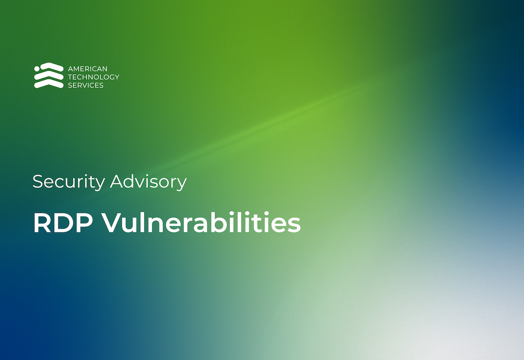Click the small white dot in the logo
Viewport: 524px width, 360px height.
[37, 69]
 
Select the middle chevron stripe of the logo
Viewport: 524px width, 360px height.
[49, 76]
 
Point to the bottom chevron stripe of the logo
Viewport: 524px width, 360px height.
[49, 84]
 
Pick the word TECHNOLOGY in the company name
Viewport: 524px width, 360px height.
[93, 77]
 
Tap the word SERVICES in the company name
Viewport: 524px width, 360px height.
[85, 85]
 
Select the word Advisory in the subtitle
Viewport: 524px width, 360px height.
[148, 182]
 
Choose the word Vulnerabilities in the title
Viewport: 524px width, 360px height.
[201, 223]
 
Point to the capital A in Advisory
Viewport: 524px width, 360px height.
[116, 182]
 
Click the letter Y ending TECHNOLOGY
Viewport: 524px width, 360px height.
[116, 77]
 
